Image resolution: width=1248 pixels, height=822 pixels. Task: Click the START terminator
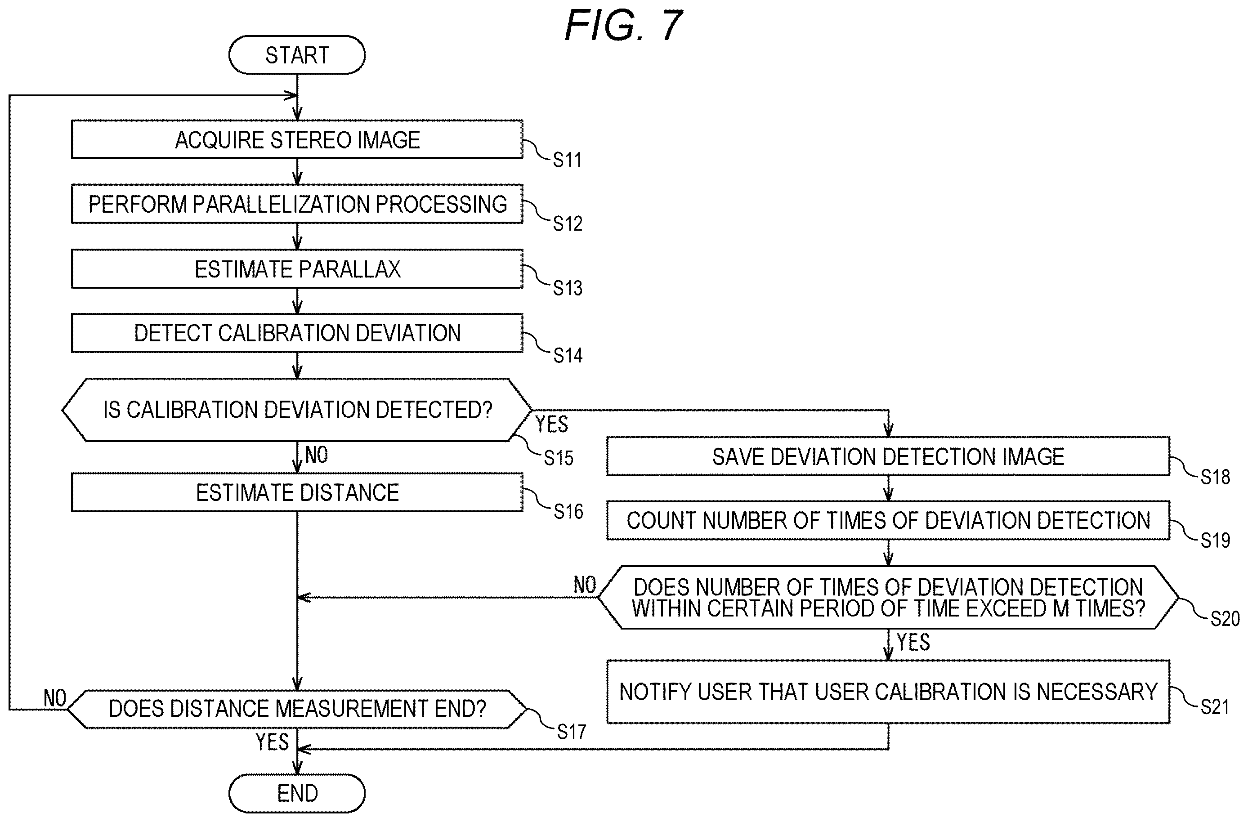click(x=297, y=55)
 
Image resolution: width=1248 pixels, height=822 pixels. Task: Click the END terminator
click(x=297, y=793)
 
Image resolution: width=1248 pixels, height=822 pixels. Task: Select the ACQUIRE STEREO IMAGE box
click(x=297, y=139)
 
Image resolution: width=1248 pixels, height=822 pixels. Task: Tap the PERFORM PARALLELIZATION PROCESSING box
click(x=297, y=204)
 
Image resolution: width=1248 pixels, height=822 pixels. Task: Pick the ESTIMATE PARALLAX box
click(x=297, y=269)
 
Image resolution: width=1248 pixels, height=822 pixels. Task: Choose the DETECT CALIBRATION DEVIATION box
click(x=297, y=333)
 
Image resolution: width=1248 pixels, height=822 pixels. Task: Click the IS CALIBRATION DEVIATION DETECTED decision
click(x=297, y=410)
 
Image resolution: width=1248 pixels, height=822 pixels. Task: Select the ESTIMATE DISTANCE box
click(x=297, y=492)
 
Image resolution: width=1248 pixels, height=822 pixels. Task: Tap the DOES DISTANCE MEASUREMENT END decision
click(x=297, y=709)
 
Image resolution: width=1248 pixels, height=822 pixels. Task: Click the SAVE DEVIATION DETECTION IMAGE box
click(x=888, y=456)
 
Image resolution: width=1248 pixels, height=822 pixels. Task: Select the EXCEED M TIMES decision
click(x=888, y=598)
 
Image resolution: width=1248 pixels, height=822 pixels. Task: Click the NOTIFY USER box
click(x=888, y=692)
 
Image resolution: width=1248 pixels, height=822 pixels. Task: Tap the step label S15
click(x=559, y=458)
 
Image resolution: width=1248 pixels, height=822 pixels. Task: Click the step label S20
click(x=1225, y=619)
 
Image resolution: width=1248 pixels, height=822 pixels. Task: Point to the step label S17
click(x=572, y=732)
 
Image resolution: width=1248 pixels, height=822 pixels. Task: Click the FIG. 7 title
click(x=623, y=25)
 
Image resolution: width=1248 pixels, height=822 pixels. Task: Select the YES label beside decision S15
click(x=552, y=424)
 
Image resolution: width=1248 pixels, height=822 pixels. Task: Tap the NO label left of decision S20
click(x=585, y=585)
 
